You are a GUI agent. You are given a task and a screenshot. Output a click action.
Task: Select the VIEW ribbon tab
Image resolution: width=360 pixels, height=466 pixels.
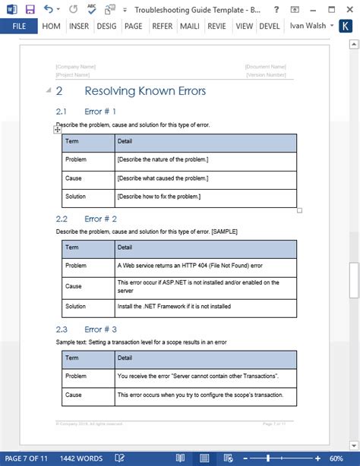tap(245, 26)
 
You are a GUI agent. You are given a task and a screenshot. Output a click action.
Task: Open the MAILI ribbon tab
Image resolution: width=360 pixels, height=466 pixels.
tap(189, 26)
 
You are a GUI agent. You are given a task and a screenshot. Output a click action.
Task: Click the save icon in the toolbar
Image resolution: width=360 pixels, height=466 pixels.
tap(30, 9)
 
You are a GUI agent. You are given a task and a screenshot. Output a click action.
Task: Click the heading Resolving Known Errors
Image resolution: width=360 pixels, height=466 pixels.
tap(144, 91)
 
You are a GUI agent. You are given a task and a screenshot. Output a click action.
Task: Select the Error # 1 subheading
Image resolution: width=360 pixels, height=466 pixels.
tap(100, 112)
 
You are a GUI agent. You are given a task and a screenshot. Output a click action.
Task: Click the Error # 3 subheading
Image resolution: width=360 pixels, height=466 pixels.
tap(100, 329)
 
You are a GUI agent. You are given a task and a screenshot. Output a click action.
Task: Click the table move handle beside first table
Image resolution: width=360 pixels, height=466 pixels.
tap(58, 130)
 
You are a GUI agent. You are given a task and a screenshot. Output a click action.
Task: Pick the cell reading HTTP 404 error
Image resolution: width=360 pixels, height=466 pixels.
tap(190, 266)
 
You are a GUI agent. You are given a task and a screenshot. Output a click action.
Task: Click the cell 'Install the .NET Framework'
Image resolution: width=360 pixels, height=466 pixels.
tap(174, 306)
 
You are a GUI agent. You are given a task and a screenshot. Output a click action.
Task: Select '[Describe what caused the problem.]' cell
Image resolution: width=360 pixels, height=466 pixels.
tap(163, 178)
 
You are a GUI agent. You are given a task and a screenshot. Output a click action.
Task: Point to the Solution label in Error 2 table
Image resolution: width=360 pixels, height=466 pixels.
tap(77, 306)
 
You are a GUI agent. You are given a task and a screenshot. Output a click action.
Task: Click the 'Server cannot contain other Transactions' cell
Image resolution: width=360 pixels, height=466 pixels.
tap(197, 376)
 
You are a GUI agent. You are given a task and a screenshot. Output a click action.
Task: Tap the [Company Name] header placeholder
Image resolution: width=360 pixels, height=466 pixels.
tap(75, 67)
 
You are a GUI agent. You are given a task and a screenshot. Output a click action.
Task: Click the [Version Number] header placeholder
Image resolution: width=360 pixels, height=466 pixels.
tap(265, 75)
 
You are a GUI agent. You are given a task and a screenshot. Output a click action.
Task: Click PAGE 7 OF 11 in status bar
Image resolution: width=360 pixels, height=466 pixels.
tap(27, 458)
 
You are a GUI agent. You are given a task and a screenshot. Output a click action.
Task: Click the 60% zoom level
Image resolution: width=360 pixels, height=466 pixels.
tap(336, 458)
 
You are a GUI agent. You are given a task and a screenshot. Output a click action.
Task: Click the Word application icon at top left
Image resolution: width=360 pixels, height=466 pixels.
tap(10, 9)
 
